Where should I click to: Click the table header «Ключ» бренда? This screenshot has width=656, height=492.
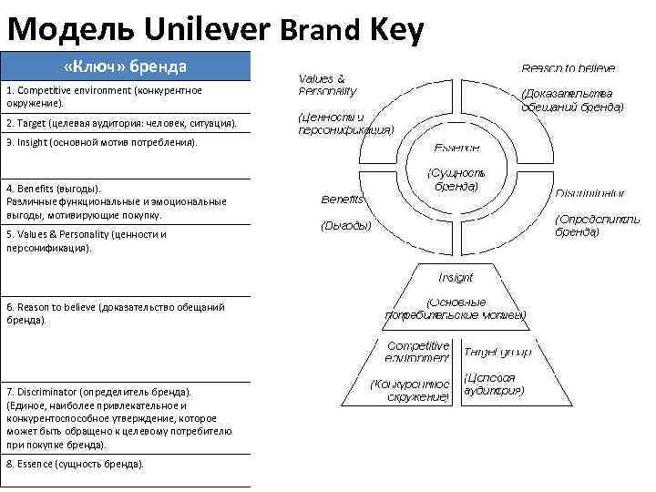coord(126,67)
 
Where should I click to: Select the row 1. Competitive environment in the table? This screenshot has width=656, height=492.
coord(126,97)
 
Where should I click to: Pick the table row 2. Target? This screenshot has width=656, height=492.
coord(126,123)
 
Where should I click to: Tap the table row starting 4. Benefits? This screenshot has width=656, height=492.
coord(126,201)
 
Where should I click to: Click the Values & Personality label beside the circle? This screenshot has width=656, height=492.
coord(328,85)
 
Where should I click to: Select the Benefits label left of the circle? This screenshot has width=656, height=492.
coord(343,199)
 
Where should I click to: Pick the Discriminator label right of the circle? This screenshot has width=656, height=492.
coord(590,193)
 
